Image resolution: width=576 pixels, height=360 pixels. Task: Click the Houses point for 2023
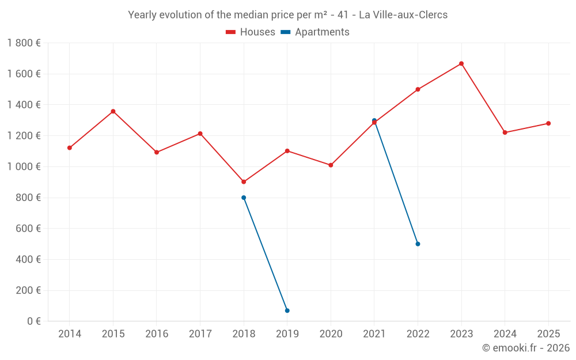(461, 63)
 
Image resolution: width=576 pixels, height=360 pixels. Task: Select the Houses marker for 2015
(113, 111)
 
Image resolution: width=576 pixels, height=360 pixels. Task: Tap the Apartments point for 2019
(287, 310)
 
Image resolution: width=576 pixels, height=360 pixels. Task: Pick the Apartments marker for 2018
(244, 198)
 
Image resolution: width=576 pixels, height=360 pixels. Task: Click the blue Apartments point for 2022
(418, 244)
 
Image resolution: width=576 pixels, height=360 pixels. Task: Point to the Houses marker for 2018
(244, 181)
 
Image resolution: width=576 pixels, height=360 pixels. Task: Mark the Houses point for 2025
(548, 123)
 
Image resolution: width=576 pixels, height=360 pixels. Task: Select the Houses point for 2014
(70, 147)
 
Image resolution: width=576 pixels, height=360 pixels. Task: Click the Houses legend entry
(251, 32)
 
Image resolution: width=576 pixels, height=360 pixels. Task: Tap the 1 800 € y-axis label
(24, 43)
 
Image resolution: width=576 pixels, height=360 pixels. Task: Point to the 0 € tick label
(34, 321)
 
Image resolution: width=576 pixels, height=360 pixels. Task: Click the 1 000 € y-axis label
(24, 166)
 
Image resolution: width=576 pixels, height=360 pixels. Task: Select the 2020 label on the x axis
(331, 334)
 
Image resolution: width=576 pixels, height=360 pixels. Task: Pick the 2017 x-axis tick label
(200, 334)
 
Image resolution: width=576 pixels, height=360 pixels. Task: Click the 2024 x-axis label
(505, 334)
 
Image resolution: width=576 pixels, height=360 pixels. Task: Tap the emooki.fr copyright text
(525, 348)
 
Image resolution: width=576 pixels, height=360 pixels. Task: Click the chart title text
(287, 15)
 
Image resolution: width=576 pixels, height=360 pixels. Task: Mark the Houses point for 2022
(418, 89)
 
